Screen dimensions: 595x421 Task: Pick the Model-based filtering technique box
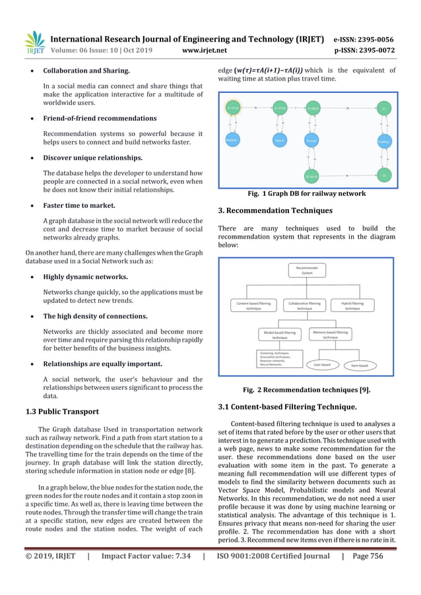click(280, 335)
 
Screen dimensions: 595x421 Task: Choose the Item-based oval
click(359, 363)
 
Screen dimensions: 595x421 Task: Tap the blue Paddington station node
click(383, 141)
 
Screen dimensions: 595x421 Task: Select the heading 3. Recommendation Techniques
click(275, 211)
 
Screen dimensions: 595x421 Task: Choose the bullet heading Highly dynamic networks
click(85, 277)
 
